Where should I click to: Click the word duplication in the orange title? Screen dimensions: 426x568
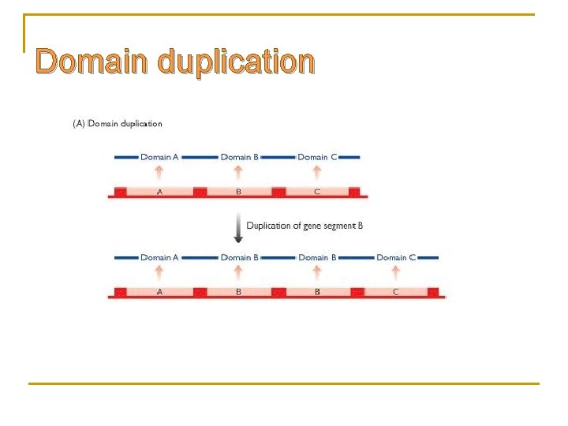[x=236, y=62]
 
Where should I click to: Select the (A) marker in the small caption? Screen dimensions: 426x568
[x=78, y=123]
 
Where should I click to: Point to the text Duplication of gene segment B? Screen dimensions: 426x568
[x=305, y=226]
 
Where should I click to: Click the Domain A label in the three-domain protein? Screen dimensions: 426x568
[x=159, y=157]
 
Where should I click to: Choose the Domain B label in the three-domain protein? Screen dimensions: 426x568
[x=239, y=157]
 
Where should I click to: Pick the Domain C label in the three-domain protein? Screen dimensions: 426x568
[x=317, y=157]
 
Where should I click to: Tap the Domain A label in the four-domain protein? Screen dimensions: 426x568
[x=159, y=257]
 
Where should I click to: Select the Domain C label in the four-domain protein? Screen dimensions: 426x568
[x=396, y=257]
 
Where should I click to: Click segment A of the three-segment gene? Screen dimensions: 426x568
[x=159, y=192]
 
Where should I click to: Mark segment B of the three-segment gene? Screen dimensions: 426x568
[x=239, y=192]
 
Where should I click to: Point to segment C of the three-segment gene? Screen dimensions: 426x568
[x=317, y=192]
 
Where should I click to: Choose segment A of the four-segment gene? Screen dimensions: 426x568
[x=159, y=292]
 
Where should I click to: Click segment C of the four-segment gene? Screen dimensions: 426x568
[x=396, y=292]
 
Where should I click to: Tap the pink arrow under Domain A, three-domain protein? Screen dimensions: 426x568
[x=159, y=173]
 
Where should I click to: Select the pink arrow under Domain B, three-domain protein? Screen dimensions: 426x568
[x=238, y=173]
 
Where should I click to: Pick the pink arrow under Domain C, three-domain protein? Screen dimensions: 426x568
[x=317, y=173]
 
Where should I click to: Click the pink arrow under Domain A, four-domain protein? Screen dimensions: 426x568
[x=159, y=273]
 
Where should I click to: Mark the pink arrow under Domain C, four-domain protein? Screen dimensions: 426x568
[x=396, y=273]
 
